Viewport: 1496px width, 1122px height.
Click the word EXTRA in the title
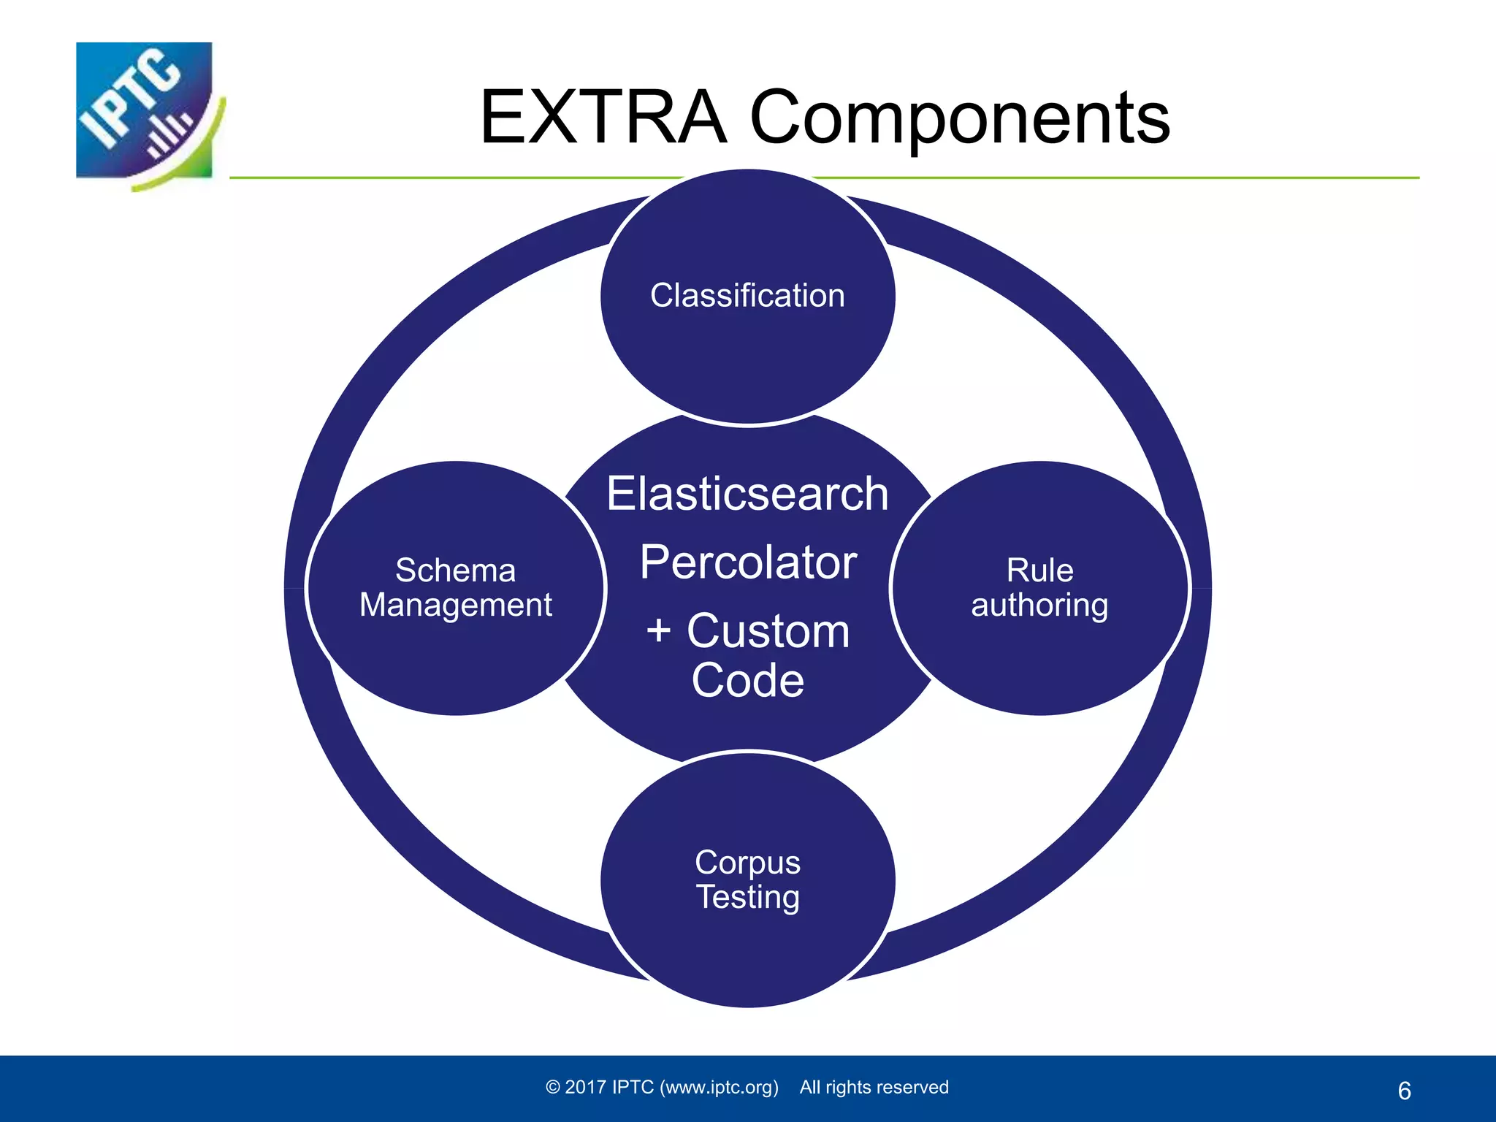point(603,118)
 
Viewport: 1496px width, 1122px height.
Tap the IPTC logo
point(147,112)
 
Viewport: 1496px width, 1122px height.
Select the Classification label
point(747,296)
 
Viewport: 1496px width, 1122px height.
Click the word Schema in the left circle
point(455,570)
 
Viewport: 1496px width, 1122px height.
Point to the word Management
point(455,606)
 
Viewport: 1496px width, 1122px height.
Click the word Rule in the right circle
point(1039,570)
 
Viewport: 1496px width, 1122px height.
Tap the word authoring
point(1039,606)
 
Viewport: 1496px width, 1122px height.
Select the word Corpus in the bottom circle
point(747,863)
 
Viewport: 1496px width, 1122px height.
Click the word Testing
point(747,897)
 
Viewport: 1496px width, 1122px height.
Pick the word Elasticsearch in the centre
point(747,494)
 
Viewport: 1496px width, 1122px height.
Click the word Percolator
point(747,562)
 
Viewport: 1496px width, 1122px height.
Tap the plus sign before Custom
point(658,630)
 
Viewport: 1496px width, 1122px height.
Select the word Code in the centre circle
point(747,681)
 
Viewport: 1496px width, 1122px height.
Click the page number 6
point(1404,1091)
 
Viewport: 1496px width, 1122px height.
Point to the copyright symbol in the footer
point(553,1088)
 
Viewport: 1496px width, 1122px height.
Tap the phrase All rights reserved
point(874,1088)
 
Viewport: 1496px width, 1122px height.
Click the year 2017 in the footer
point(586,1088)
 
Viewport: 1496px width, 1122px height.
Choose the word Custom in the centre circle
point(768,630)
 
